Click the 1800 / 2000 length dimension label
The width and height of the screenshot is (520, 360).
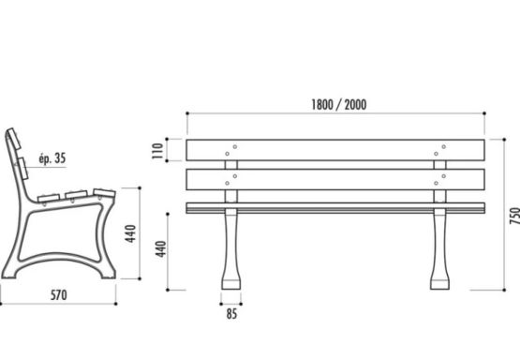[x=338, y=105]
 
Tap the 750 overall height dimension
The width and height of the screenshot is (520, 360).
[x=515, y=216]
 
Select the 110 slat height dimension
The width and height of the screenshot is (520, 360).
[x=158, y=151]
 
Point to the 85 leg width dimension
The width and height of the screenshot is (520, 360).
[x=231, y=313]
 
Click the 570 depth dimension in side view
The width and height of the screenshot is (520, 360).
[x=59, y=295]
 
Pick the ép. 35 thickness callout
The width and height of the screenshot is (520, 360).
[x=52, y=158]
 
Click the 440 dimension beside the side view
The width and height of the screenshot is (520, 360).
[x=131, y=233]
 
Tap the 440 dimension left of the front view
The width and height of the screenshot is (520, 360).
[x=160, y=248]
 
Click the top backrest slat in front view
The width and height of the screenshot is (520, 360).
[x=335, y=150]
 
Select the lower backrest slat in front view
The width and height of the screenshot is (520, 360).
[x=335, y=179]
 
